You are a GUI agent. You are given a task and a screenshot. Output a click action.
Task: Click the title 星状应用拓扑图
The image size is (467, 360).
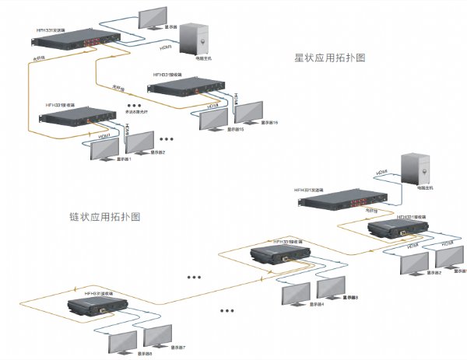pos(329,58)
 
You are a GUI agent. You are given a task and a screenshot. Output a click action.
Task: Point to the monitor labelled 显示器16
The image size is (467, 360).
pos(249,114)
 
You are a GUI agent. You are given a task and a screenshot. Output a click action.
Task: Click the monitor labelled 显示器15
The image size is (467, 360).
pos(214,119)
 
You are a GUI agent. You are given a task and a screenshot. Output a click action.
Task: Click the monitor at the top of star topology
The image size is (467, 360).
pos(153,18)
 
